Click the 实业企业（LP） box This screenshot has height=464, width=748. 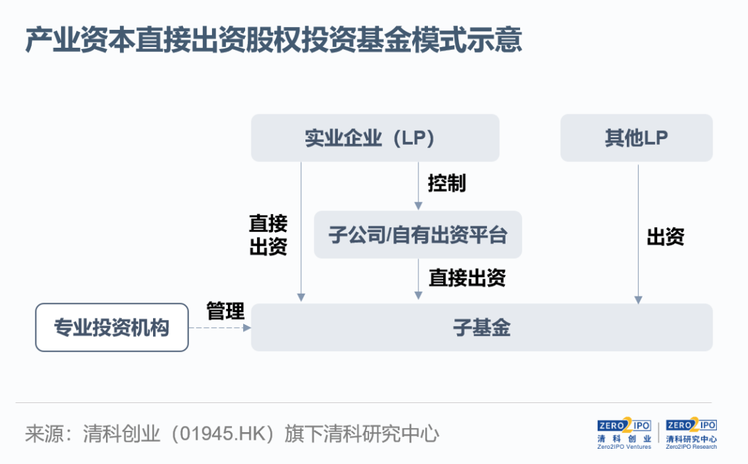click(x=375, y=138)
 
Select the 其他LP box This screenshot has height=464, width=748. click(x=636, y=138)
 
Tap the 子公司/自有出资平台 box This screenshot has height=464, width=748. click(x=418, y=235)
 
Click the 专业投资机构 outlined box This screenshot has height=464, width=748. click(x=112, y=328)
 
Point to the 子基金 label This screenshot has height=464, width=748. click(x=482, y=328)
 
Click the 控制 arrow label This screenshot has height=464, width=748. click(x=447, y=183)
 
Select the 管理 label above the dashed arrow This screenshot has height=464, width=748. click(x=225, y=312)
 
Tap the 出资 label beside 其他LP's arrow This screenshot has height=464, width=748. click(x=666, y=237)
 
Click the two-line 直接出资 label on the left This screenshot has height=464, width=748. click(x=268, y=235)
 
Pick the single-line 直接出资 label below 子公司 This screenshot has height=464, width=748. click(x=467, y=278)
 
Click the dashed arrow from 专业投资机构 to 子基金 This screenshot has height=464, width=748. click(x=220, y=328)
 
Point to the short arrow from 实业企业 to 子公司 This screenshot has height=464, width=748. click(x=418, y=186)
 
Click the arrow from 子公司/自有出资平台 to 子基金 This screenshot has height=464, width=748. click(x=418, y=279)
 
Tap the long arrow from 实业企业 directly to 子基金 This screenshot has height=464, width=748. click(x=301, y=232)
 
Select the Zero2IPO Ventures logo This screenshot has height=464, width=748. click(x=624, y=434)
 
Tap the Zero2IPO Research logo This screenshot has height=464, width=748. click(x=691, y=434)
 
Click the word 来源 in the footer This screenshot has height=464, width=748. click(x=44, y=434)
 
